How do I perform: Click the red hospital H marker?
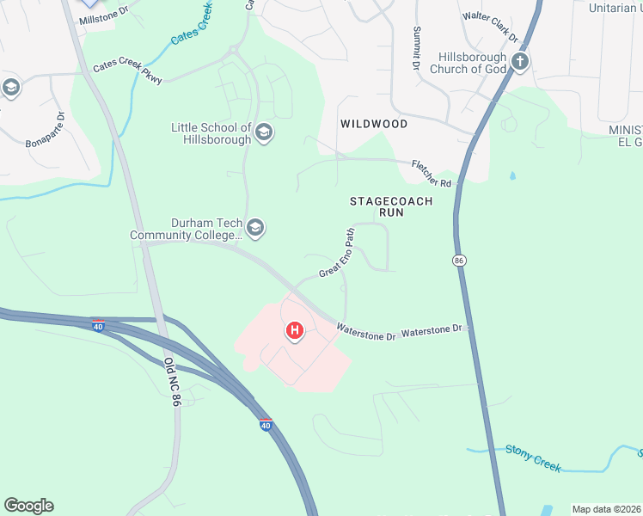(295, 330)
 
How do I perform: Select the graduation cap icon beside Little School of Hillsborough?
(264, 132)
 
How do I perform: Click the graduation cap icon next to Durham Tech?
(254, 228)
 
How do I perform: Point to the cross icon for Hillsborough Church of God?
(519, 61)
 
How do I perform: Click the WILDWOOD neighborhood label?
(374, 124)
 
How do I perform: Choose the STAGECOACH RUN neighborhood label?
(391, 206)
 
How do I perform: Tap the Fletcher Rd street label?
(432, 173)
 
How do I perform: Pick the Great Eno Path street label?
(337, 253)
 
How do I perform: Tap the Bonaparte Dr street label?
(45, 129)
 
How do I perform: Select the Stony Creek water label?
(533, 458)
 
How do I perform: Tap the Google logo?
(28, 506)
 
